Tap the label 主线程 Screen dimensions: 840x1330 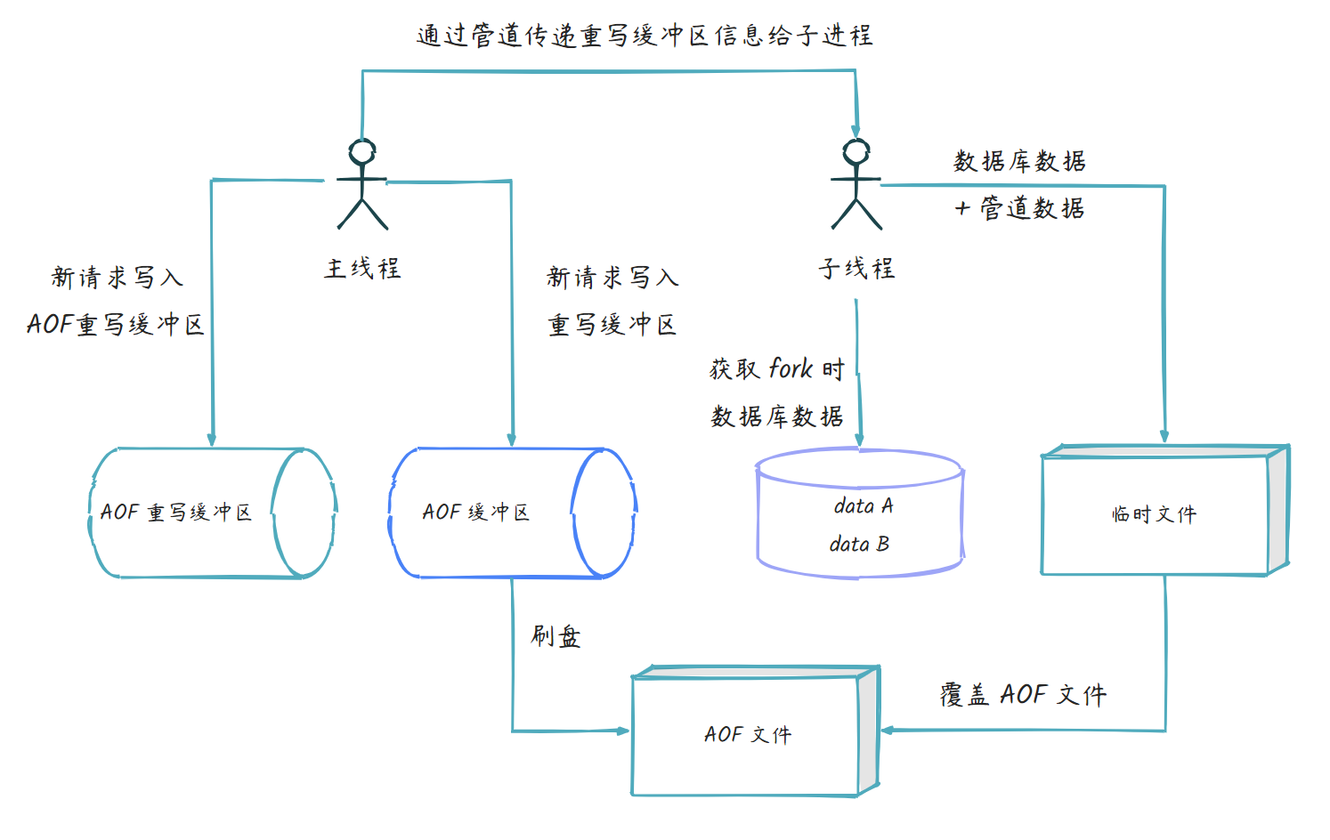[x=362, y=268]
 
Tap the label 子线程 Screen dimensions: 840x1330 [x=856, y=268]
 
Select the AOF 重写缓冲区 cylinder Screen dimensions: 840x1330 [x=212, y=513]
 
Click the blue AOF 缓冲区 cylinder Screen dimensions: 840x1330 [x=512, y=513]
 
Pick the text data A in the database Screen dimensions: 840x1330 [x=863, y=506]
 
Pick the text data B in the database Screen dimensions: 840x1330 [x=859, y=544]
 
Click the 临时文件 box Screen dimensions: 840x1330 [x=1155, y=514]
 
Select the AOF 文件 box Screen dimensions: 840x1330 [x=747, y=735]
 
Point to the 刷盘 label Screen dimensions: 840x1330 [x=556, y=636]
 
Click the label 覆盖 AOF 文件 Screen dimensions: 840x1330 [x=1023, y=695]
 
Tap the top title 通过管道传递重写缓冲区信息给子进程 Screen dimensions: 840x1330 [x=645, y=36]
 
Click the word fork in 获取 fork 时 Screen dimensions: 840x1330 [x=791, y=368]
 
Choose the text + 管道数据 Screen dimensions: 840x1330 [x=1019, y=208]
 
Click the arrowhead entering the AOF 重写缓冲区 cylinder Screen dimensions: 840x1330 [x=212, y=439]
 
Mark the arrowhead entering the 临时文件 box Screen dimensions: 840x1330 [x=1164, y=436]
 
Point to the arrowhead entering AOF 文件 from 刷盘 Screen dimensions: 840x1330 [x=623, y=731]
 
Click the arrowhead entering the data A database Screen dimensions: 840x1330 [x=859, y=439]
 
